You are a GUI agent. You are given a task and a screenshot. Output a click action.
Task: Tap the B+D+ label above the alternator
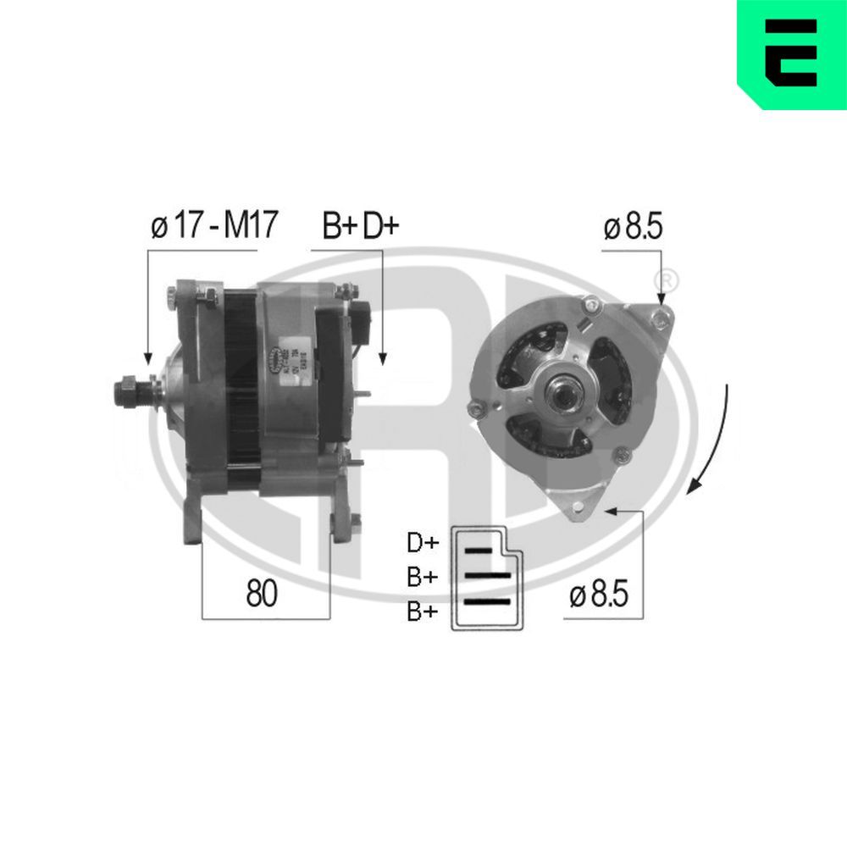(x=360, y=228)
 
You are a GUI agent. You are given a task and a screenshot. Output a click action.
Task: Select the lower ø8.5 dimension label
(x=599, y=595)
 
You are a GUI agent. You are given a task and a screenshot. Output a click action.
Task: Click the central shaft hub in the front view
(x=562, y=393)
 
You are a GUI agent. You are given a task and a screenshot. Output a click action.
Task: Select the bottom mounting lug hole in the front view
(x=579, y=507)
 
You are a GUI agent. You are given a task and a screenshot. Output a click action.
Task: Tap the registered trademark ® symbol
(x=667, y=279)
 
